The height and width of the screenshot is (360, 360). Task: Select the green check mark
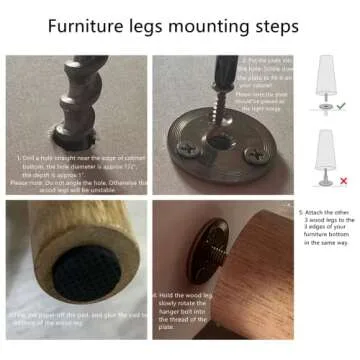tap(340, 104)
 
